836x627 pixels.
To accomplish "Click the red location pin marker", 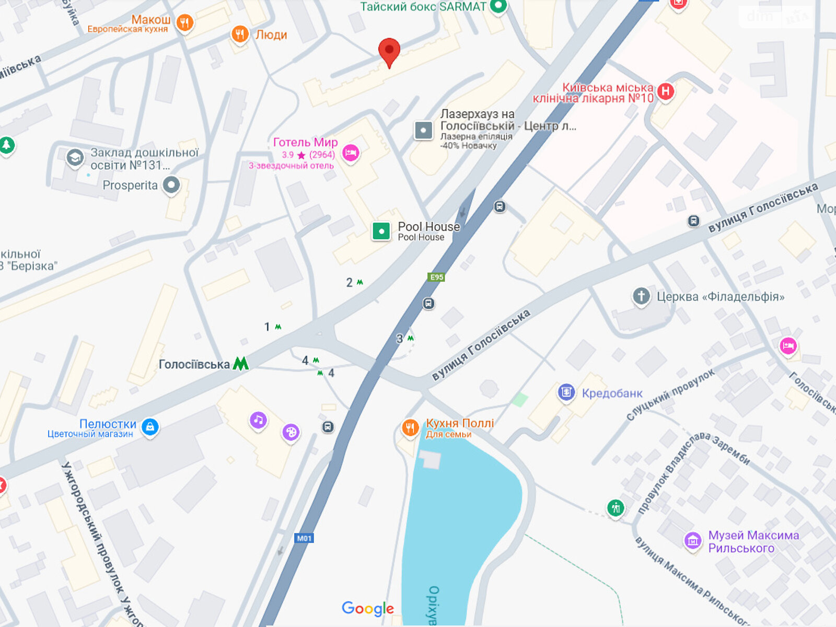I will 389,51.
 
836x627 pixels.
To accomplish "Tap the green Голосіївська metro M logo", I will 240,364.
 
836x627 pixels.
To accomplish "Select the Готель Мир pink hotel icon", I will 351,153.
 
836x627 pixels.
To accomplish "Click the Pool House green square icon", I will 381,231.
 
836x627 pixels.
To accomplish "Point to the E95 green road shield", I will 436,277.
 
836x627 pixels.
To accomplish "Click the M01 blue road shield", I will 304,538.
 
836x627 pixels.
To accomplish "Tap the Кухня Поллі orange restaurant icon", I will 410,428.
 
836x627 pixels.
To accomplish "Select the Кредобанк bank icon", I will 566,392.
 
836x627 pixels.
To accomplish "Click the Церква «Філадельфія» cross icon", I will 641,296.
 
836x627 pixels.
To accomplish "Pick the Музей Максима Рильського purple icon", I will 693,540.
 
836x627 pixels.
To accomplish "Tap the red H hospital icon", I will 665,91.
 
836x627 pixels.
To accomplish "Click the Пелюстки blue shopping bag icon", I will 150,426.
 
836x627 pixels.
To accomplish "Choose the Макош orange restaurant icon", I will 184,22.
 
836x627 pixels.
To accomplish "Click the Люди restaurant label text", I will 271,35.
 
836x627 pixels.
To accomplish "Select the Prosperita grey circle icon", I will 171,184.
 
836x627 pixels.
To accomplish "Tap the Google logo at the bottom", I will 367,608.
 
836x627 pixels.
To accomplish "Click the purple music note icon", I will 258,420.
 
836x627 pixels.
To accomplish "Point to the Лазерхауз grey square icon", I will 423,130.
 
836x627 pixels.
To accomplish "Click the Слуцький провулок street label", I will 670,395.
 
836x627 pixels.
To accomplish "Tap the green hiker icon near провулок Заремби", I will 616,507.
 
